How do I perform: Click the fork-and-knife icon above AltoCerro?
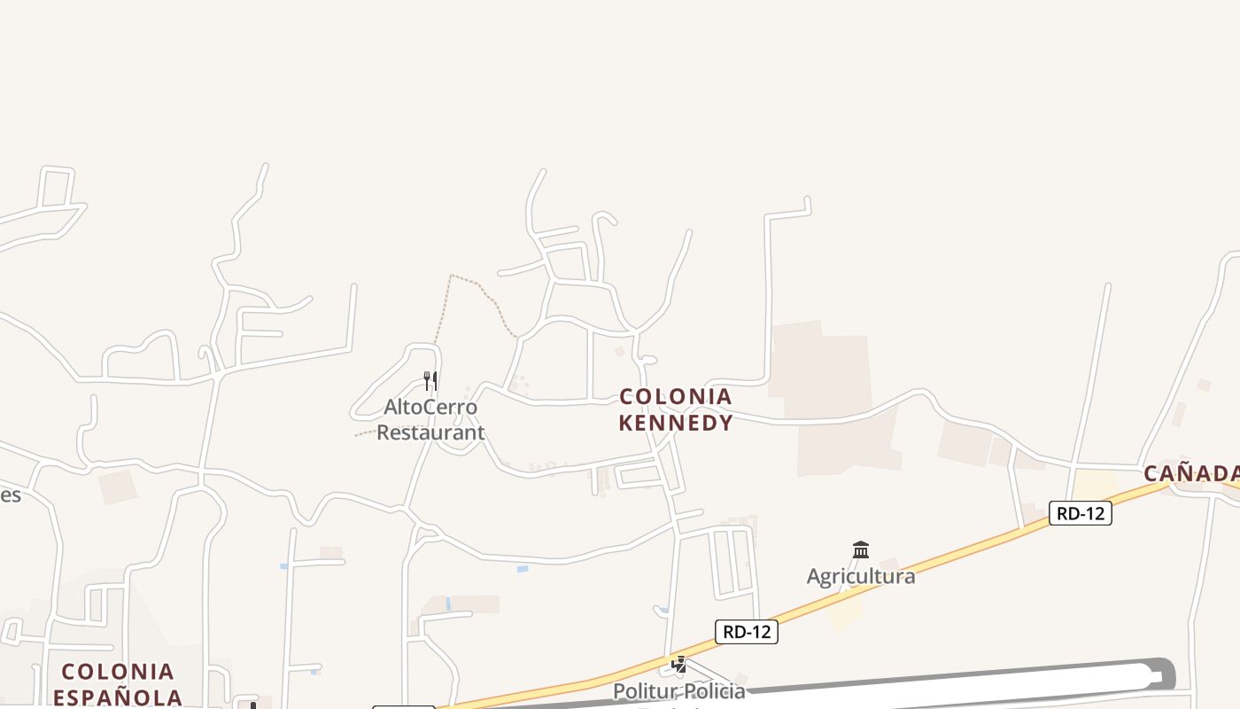430,381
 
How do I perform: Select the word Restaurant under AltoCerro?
430,432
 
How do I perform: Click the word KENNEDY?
676,423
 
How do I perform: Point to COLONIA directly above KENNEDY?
676,396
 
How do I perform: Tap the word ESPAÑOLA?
118,697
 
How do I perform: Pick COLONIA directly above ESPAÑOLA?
118,671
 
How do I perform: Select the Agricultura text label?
860,576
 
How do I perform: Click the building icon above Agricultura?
860,549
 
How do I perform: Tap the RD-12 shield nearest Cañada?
1080,513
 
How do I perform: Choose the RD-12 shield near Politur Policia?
746,632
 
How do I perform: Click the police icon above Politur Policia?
679,664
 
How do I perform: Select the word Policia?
714,690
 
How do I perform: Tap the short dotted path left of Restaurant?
363,434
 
